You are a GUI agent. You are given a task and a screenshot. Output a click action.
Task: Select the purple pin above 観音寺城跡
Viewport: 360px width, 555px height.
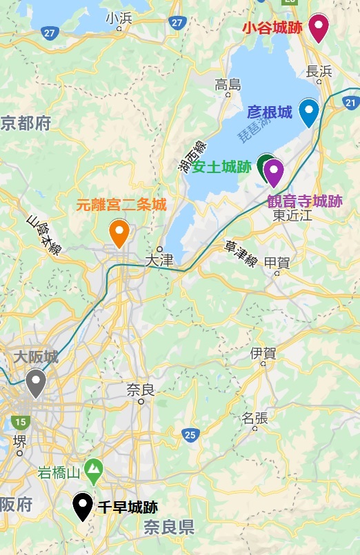pos(274,172)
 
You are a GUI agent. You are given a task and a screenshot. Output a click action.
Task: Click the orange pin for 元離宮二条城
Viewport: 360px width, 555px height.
pos(119,232)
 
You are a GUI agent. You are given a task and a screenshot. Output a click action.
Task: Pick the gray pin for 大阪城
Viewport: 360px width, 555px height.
pos(36,382)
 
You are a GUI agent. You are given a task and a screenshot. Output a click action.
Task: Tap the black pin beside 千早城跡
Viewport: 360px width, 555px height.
pos(83,507)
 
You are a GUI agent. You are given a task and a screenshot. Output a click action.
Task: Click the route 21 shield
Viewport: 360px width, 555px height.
pos(350,103)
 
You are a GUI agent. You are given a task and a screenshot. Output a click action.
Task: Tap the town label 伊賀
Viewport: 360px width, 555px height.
pos(263,353)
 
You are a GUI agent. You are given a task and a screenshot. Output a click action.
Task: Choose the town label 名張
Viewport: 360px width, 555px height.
pos(254,418)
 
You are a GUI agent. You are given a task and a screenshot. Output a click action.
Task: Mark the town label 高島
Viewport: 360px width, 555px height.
pos(228,85)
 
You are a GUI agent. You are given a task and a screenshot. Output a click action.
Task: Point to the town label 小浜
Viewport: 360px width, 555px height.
pos(119,19)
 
